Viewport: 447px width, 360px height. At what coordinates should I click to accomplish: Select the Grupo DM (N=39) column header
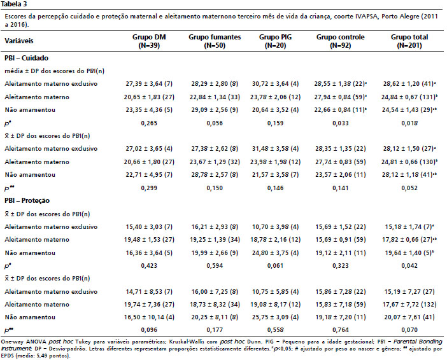pos(149,41)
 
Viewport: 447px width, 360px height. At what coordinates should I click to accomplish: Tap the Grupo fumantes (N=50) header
pos(215,41)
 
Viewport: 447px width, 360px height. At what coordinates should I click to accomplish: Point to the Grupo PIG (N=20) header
pos(275,41)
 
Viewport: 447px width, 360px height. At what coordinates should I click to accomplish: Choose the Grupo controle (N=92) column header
pos(341,41)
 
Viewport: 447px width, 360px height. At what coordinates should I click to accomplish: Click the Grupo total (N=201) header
pos(409,41)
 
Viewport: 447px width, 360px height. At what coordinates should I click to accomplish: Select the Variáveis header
pos(19,41)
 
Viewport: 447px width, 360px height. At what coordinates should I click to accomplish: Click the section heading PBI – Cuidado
pos(26,58)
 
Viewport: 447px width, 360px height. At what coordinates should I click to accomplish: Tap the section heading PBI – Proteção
pos(27,200)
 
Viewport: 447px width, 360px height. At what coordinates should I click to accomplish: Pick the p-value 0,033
pos(341,123)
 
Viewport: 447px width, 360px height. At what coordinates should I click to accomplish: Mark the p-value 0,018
pos(409,123)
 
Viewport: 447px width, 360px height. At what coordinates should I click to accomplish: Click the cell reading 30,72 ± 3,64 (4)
pos(275,84)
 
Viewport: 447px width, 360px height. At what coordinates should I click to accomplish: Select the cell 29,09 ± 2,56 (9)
pos(215,110)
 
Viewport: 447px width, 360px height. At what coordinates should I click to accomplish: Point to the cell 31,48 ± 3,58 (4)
pos(275,149)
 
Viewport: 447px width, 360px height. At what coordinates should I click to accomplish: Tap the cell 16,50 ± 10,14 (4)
pos(149,317)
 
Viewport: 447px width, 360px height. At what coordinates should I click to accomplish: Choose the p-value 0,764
pos(341,330)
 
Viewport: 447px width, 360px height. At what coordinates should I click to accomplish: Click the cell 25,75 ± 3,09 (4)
pos(275,317)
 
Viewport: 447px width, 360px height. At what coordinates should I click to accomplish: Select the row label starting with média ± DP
pos(55,71)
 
